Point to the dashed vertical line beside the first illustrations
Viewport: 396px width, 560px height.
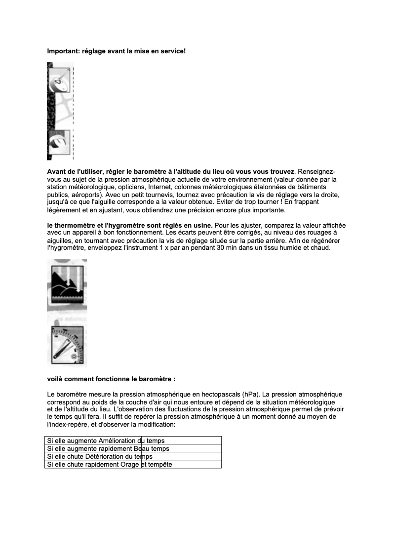73,111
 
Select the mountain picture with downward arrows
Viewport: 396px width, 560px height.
67,283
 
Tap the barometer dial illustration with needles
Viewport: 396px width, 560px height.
67,345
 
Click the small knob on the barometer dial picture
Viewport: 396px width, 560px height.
74,356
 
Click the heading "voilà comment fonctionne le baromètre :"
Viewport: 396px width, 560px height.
111,379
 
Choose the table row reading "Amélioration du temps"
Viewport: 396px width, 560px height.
132,440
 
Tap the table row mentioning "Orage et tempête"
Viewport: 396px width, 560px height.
132,465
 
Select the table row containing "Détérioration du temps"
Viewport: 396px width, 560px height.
132,457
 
